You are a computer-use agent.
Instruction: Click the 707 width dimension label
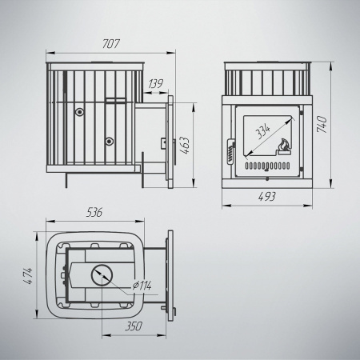(x=111, y=44)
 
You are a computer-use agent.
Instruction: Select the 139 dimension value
(x=156, y=84)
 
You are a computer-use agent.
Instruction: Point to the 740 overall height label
(x=322, y=124)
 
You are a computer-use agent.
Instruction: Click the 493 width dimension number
(x=267, y=197)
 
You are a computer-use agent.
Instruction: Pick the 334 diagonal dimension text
(x=263, y=133)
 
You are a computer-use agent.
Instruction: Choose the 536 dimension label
(x=94, y=213)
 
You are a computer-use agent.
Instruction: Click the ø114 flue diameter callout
(x=142, y=286)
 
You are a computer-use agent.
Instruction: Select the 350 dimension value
(x=134, y=326)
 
